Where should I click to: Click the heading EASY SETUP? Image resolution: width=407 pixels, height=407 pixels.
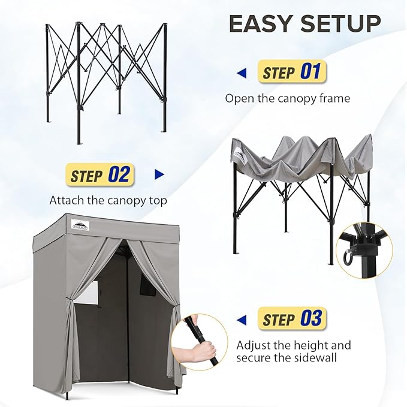(305, 24)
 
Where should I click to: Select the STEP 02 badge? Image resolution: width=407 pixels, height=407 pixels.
(100, 175)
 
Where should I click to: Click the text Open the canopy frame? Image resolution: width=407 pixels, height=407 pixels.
(287, 98)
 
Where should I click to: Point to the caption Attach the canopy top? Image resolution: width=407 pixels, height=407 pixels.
(108, 200)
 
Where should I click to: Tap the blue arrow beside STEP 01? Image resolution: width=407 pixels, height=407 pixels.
(242, 73)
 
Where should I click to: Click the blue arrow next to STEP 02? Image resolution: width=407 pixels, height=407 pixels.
(159, 175)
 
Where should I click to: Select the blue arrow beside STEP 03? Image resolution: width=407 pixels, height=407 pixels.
(242, 319)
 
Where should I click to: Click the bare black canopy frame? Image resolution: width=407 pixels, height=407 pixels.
(106, 78)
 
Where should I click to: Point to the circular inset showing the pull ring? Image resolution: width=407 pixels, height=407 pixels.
(363, 249)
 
